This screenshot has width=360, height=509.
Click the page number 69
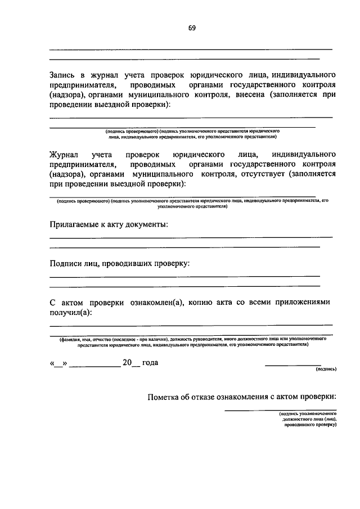coord(192,27)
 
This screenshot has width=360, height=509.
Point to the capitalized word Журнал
coord(64,154)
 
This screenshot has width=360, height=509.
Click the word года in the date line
coord(150,363)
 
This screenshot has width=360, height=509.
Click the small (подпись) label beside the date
coord(326,370)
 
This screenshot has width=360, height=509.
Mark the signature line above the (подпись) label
coord(292,366)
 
